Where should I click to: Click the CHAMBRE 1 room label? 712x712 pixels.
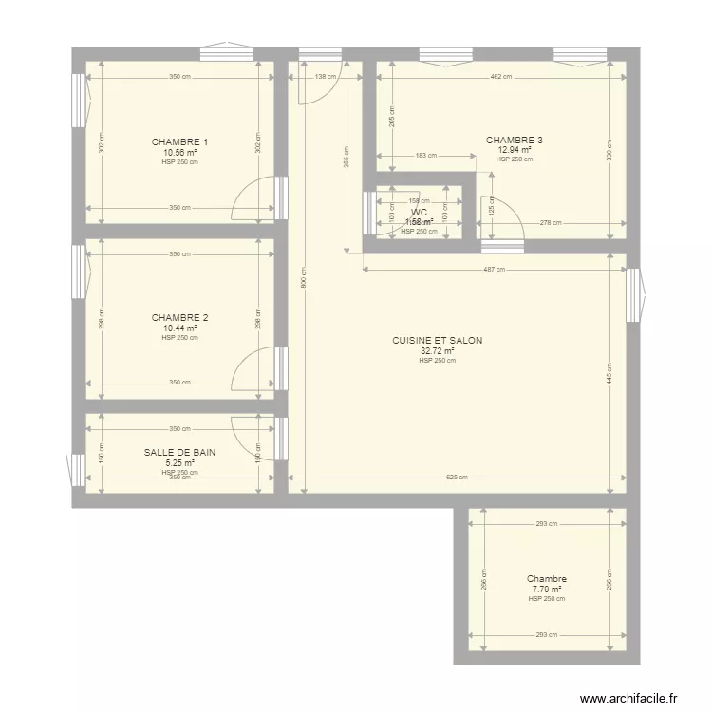tap(179, 142)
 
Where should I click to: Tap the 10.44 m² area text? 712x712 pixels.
tap(179, 328)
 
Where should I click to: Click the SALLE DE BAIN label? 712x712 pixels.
tap(179, 453)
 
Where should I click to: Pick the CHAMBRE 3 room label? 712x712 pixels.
tap(514, 141)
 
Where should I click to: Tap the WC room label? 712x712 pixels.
tap(419, 213)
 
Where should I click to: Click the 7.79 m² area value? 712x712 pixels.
tap(547, 589)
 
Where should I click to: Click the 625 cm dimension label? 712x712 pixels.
tap(457, 478)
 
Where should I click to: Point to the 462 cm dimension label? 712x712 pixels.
tap(501, 77)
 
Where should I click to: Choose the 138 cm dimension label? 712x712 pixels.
tap(325, 77)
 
